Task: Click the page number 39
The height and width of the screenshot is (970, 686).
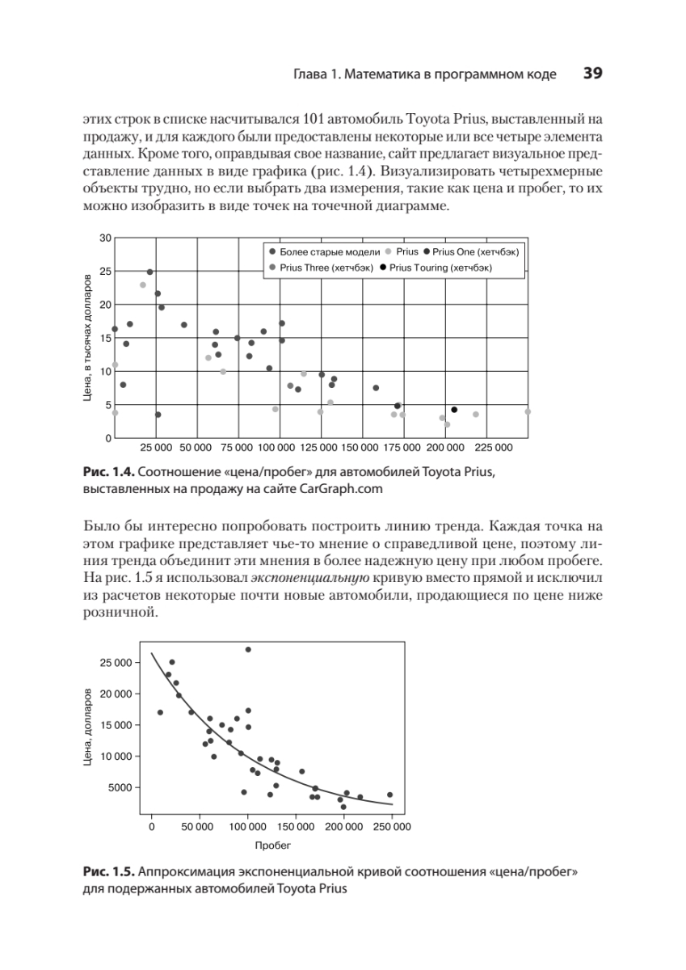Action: click(x=593, y=74)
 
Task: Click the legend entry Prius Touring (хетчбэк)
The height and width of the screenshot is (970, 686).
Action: click(x=440, y=267)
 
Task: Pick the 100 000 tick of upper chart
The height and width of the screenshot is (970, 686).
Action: click(x=279, y=447)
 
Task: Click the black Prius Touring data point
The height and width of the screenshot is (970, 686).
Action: click(x=454, y=410)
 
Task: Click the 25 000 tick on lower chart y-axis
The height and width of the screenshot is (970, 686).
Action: click(x=115, y=663)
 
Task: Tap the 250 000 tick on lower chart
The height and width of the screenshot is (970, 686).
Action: click(x=393, y=826)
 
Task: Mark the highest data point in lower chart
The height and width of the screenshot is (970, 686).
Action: click(x=248, y=650)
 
